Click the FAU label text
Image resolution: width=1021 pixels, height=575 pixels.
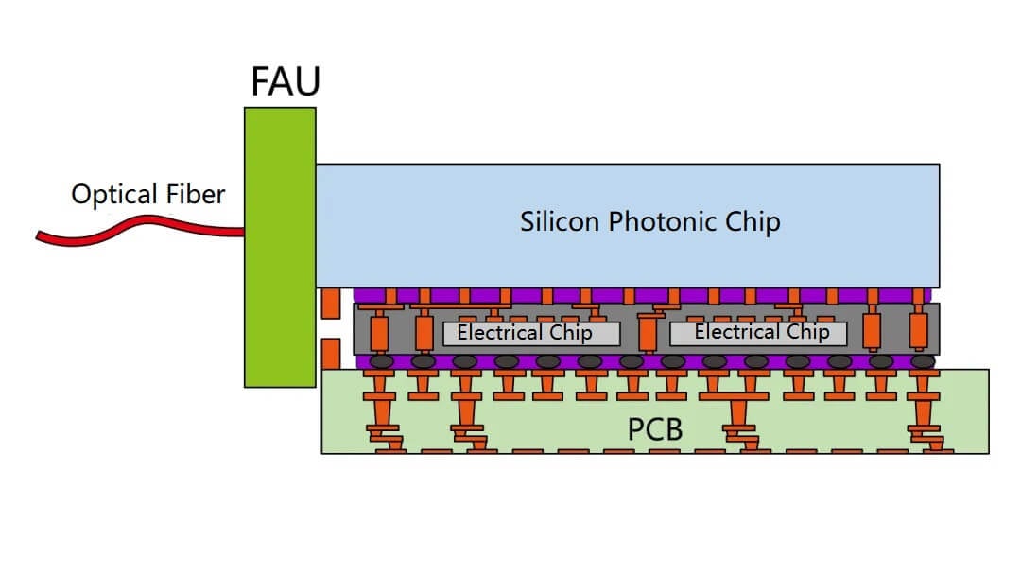(286, 81)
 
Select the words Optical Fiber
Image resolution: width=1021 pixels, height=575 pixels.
(148, 195)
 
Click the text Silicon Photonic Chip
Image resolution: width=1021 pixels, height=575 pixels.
(650, 221)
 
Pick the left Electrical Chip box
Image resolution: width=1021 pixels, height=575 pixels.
(531, 333)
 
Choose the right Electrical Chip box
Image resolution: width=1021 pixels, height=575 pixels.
(758, 333)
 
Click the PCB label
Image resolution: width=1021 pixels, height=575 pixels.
(655, 430)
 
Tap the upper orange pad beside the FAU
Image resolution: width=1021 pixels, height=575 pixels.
(330, 304)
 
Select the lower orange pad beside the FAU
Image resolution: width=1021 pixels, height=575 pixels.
(330, 353)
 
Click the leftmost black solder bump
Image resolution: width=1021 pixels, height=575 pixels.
(381, 361)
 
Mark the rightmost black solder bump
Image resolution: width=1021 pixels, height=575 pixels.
(923, 361)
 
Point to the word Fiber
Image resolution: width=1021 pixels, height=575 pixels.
(194, 195)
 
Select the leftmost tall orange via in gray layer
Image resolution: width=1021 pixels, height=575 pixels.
(379, 332)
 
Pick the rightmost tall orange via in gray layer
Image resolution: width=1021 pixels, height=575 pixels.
(918, 332)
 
